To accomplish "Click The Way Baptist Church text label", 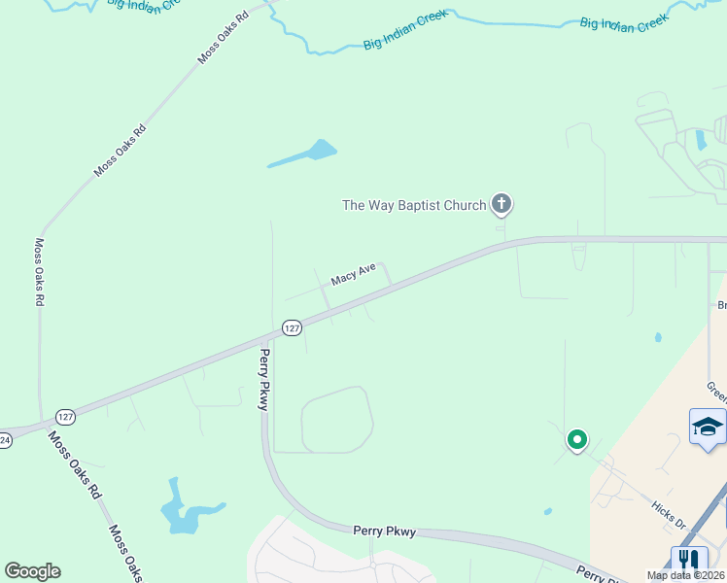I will pos(413,205).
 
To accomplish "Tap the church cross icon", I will pos(501,204).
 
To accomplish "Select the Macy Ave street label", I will pos(353,276).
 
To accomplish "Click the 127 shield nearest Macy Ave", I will pos(292,328).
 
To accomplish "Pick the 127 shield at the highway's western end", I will pos(65,417).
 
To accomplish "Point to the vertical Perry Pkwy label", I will pos(262,380).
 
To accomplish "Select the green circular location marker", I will pos(577,440).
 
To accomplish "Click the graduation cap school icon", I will pos(708,427).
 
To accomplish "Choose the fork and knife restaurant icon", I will pos(689,560).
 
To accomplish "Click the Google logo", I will pos(32,571).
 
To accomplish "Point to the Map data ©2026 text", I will pos(686,575).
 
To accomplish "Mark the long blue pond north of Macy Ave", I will pos(305,154).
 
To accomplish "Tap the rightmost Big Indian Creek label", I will pos(624,22).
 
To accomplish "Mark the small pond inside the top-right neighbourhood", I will pos(701,139).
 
